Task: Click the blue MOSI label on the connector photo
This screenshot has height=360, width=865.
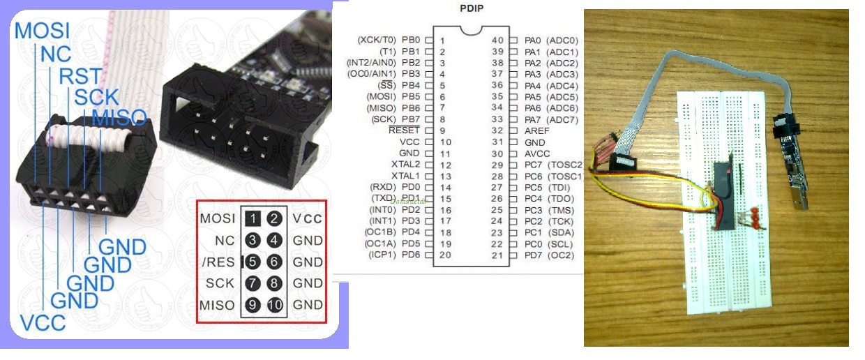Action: point(43,31)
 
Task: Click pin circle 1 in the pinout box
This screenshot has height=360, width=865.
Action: point(253,218)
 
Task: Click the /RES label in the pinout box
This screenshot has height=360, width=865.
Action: point(219,262)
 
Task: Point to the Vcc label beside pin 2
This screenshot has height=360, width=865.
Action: point(308,218)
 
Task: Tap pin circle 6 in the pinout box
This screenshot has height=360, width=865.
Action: point(274,262)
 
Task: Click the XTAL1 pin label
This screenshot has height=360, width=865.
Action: point(405,176)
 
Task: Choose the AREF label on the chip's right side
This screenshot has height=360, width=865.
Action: point(536,130)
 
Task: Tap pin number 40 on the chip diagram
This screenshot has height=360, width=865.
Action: point(497,40)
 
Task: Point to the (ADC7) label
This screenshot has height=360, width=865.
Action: point(562,119)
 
